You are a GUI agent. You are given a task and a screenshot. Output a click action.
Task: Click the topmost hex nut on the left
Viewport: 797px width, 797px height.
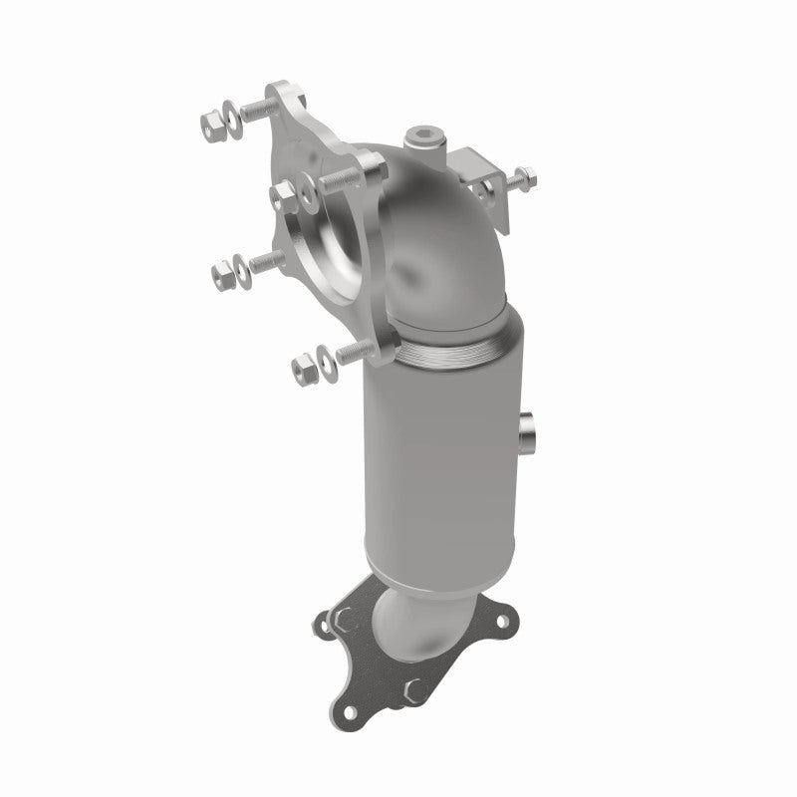click(x=213, y=125)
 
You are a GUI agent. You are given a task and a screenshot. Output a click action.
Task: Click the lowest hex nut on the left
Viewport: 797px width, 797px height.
click(x=302, y=367)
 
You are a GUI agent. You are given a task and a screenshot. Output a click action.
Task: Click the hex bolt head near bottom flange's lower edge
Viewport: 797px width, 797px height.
click(x=415, y=687)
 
